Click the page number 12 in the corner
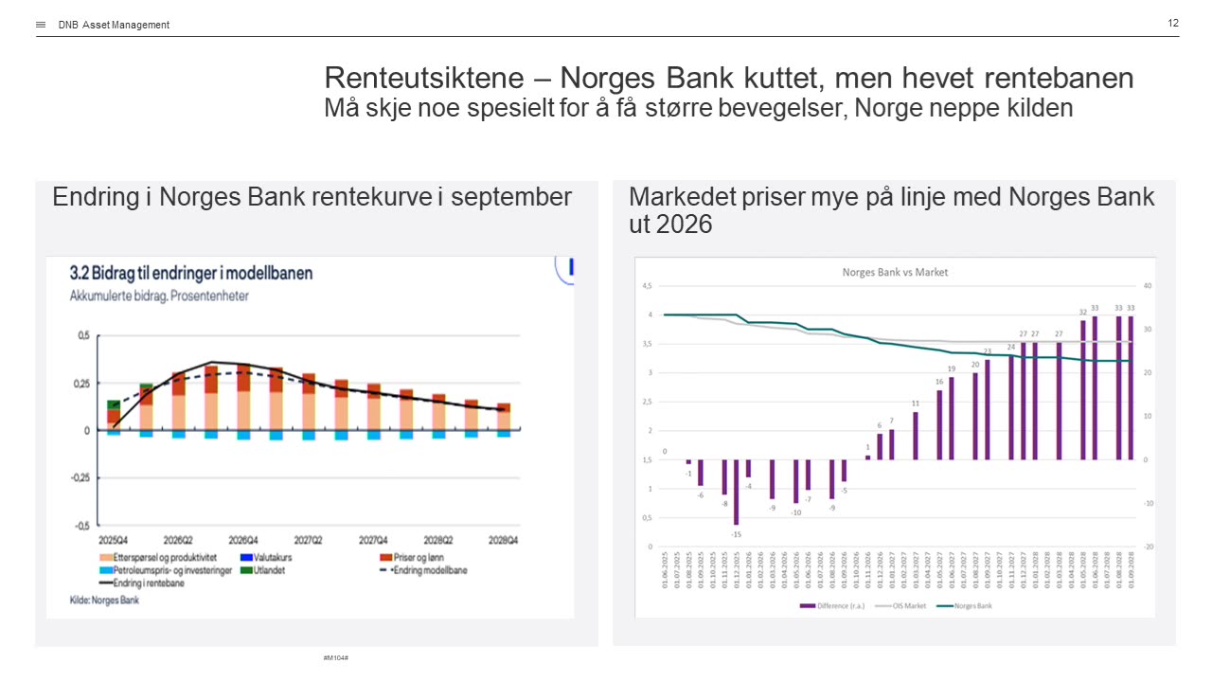coord(1173,23)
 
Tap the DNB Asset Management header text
coord(114,25)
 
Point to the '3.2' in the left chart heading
coord(80,273)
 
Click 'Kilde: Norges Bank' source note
coord(104,600)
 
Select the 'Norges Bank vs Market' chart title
coord(895,272)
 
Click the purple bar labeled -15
coord(736,492)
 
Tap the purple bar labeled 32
coord(1083,389)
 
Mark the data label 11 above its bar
coord(916,403)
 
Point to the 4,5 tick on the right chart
coord(648,285)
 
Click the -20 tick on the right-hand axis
coord(1147,547)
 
